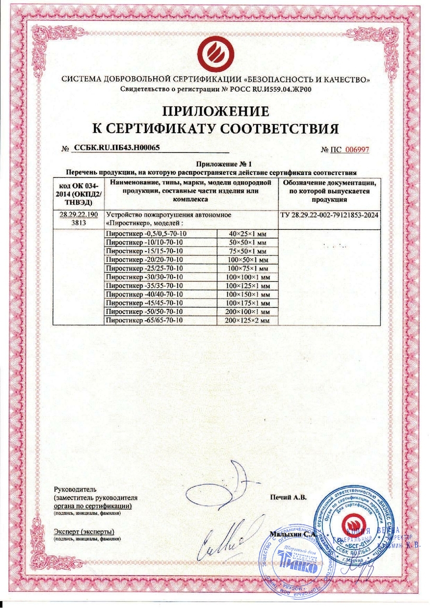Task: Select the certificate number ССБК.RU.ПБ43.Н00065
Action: pyautogui.click(x=117, y=148)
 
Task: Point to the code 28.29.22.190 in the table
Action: pyautogui.click(x=79, y=215)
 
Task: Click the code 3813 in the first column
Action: pyautogui.click(x=79, y=223)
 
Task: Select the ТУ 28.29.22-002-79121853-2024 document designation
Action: pyautogui.click(x=330, y=215)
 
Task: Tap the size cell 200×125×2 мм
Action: pyautogui.click(x=248, y=320)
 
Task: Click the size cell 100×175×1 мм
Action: pyautogui.click(x=248, y=303)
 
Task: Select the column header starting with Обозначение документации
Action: pyautogui.click(x=330, y=190)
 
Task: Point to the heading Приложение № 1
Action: pyautogui.click(x=215, y=164)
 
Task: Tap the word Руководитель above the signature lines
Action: pyautogui.click(x=73, y=490)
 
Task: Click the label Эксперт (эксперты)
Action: pyautogui.click(x=84, y=532)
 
